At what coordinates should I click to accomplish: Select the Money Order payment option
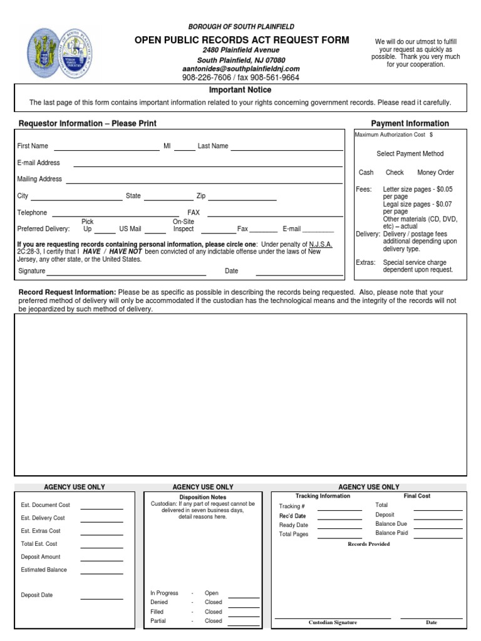tap(436, 173)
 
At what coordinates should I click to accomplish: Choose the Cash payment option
tap(366, 173)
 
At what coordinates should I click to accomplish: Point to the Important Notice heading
tap(240, 90)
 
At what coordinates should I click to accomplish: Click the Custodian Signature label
tap(333, 623)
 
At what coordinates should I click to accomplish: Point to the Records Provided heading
tap(368, 544)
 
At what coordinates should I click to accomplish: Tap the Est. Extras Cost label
tap(41, 531)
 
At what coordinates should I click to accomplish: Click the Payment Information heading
tap(410, 123)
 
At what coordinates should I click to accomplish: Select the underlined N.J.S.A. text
tap(321, 244)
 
